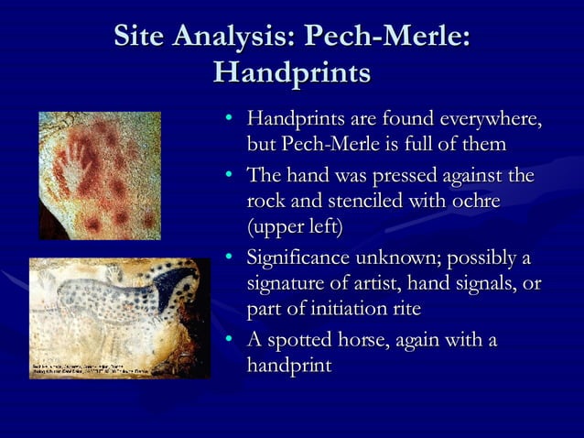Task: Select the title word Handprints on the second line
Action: tap(291, 72)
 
